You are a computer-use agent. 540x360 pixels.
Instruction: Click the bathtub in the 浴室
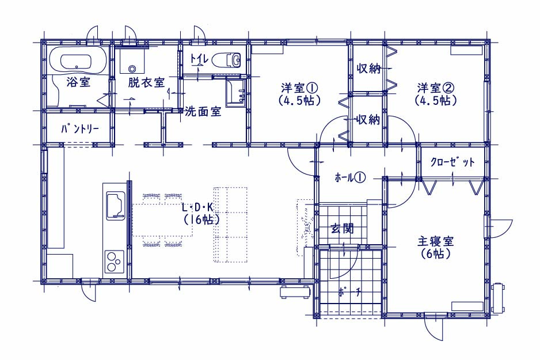point(77,60)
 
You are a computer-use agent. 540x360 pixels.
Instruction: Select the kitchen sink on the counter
point(115,206)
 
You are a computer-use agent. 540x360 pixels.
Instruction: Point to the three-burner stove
point(114,262)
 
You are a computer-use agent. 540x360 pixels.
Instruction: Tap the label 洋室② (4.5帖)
point(436,93)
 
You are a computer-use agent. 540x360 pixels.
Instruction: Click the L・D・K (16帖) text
point(199,213)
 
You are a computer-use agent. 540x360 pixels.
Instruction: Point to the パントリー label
point(80,130)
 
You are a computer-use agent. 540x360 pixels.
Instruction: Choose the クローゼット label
point(453,162)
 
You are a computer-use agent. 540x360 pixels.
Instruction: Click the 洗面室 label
point(203,112)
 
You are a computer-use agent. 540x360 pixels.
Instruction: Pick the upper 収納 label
point(368,69)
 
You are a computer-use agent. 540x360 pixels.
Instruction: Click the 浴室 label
point(77,82)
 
